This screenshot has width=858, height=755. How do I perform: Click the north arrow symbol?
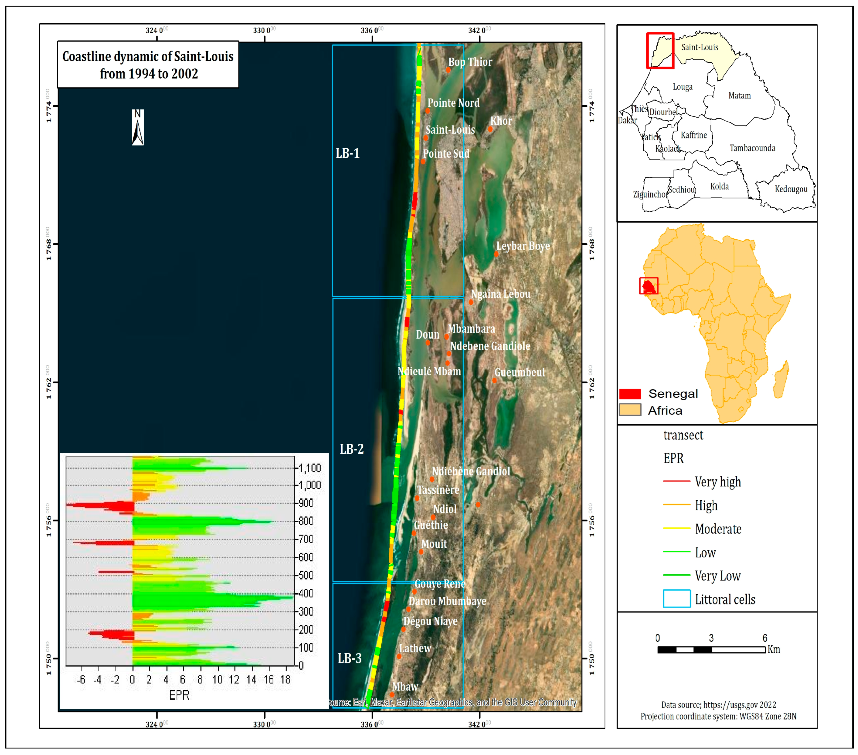(x=138, y=128)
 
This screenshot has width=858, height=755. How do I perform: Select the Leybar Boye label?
(x=523, y=246)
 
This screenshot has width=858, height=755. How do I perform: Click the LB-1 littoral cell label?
(x=348, y=153)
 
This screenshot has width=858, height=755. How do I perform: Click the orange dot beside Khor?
(x=490, y=129)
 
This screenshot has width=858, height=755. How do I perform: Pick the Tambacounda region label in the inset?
(x=752, y=148)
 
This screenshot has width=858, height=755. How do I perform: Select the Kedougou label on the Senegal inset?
(x=791, y=189)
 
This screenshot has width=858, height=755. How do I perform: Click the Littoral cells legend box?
(x=677, y=599)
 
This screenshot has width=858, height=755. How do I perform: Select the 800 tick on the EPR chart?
(x=306, y=521)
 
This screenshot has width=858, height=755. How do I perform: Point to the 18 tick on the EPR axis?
(x=285, y=679)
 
